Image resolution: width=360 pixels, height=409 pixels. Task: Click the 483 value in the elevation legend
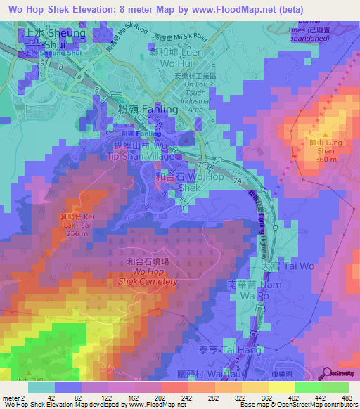pos(348,398)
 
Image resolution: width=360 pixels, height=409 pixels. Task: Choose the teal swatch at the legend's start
pos(41,387)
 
